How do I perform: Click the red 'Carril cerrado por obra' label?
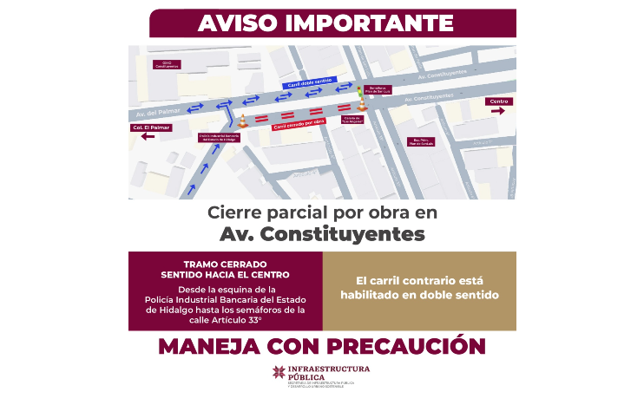pos(299,126)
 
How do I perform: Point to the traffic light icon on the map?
pos(359,89)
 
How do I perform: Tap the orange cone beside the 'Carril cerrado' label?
pos(243,120)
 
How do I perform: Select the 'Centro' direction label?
pos(499,101)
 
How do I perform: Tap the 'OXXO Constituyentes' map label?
pos(166,64)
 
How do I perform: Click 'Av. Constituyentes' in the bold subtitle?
pos(322,233)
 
